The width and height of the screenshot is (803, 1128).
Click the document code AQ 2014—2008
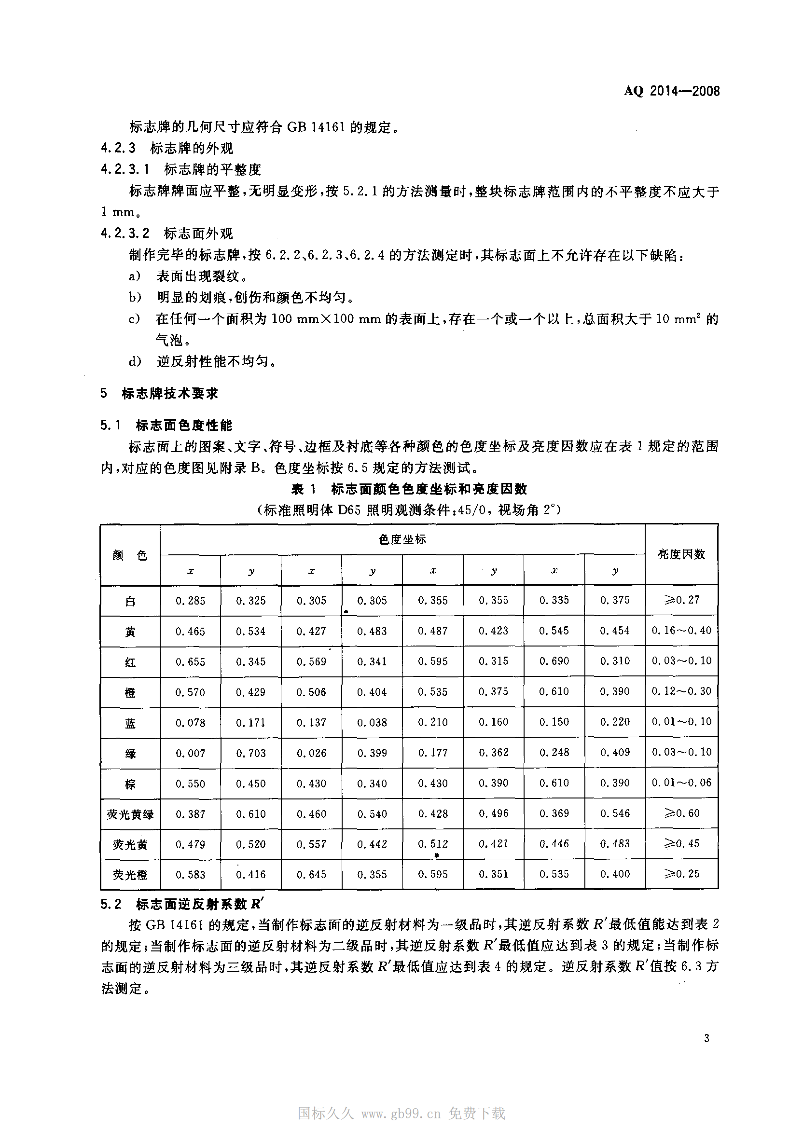(x=671, y=91)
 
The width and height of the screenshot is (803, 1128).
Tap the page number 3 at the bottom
(x=706, y=1038)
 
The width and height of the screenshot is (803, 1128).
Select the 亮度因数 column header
(x=681, y=555)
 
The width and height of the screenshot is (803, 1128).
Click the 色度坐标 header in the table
(x=402, y=539)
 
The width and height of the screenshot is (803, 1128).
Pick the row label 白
(x=130, y=601)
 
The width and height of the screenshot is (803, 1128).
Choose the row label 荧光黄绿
(x=130, y=814)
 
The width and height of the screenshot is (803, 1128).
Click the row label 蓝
(x=130, y=723)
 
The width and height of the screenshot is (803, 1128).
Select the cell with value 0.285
(x=190, y=601)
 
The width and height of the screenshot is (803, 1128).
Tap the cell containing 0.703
(x=250, y=753)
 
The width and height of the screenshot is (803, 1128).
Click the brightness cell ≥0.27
(x=681, y=600)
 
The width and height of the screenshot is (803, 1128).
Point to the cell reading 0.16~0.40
(x=681, y=630)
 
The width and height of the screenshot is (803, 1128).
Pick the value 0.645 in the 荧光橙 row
(x=312, y=874)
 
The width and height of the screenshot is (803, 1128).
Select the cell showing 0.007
(x=190, y=753)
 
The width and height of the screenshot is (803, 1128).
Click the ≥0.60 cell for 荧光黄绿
(x=681, y=813)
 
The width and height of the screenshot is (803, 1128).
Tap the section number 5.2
(x=111, y=905)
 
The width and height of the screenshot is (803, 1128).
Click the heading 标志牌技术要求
(x=169, y=394)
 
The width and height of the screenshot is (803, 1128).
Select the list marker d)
(x=136, y=361)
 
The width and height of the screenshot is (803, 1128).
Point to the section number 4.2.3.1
(x=125, y=169)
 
